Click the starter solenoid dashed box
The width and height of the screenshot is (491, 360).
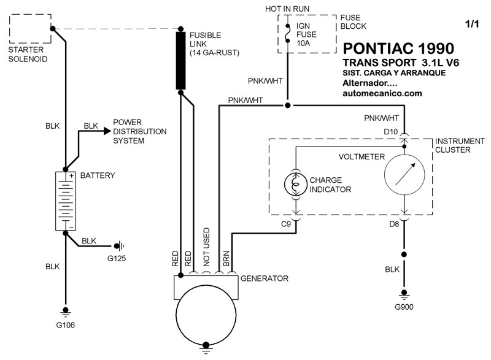[10, 28]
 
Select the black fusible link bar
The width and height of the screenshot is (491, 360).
[180, 60]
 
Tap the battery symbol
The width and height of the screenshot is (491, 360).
[66, 201]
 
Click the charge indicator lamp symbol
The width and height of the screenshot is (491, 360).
[296, 184]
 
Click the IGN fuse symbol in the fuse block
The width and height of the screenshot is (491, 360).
[287, 33]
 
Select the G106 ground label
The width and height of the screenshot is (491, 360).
[66, 325]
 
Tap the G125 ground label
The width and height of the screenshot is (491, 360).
[117, 258]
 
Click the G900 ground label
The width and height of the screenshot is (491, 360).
[404, 307]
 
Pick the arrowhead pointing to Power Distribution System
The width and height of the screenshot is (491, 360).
[107, 131]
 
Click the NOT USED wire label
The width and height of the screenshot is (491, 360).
[206, 247]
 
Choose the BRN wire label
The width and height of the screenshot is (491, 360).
[226, 258]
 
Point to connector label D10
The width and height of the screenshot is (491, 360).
[391, 132]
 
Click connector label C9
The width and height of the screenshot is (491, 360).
[286, 224]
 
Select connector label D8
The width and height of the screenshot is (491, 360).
[394, 224]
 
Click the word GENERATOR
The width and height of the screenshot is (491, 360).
[265, 278]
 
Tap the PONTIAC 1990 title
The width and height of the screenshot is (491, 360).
[398, 48]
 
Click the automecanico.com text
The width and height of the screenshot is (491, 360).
[382, 93]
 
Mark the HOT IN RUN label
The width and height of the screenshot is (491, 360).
[287, 9]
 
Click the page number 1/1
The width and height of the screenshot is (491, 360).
[472, 24]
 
